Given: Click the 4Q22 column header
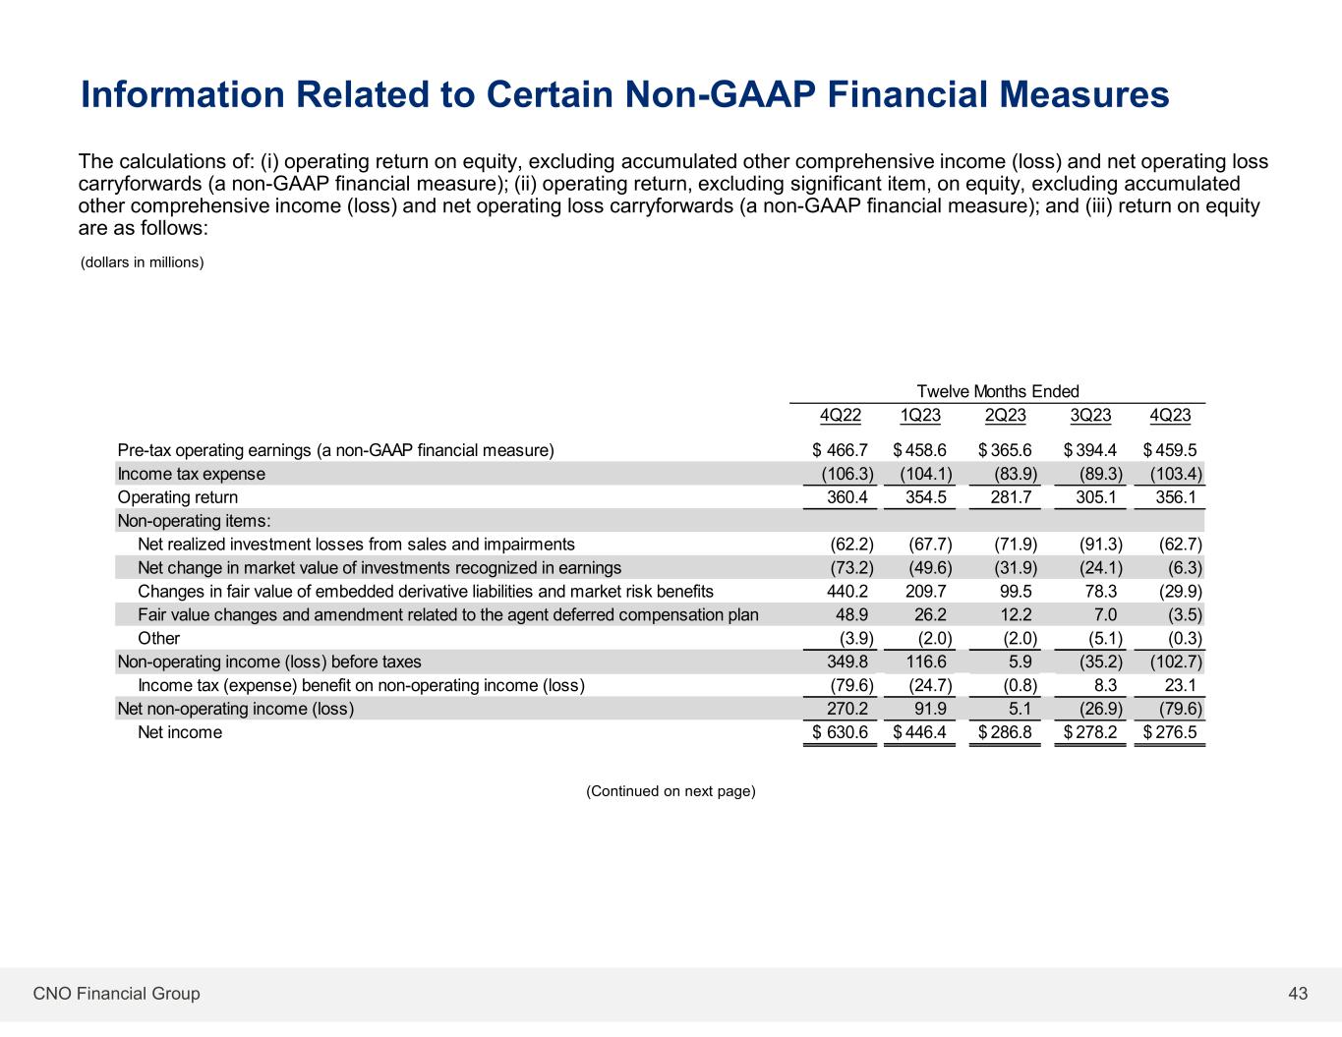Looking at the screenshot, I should pyautogui.click(x=840, y=415).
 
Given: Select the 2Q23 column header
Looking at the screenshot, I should pyautogui.click(x=1005, y=415).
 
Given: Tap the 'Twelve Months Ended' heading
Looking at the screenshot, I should pyautogui.click(x=997, y=391).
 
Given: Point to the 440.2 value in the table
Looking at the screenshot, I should pyautogui.click(x=846, y=592).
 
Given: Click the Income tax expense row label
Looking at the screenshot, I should pyautogui.click(x=191, y=474).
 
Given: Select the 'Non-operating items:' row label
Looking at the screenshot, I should pyautogui.click(x=194, y=521).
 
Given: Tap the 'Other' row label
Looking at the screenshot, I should pyautogui.click(x=158, y=639).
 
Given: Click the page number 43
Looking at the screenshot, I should pyautogui.click(x=1298, y=994).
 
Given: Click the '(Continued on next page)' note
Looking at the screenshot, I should pyautogui.click(x=671, y=791).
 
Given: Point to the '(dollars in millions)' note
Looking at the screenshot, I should pyautogui.click(x=142, y=262).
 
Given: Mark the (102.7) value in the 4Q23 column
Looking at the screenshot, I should pyautogui.click(x=1176, y=663).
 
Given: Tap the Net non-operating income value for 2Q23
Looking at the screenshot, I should pyautogui.click(x=1020, y=709).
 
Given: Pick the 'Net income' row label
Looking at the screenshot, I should pyautogui.click(x=180, y=732).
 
